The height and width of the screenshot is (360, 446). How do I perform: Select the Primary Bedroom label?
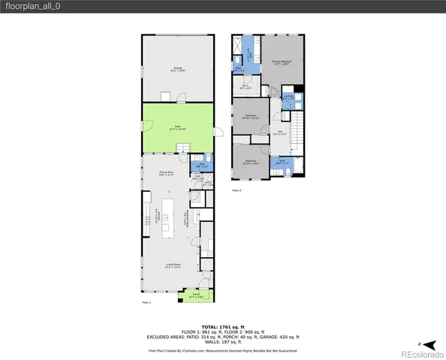coord(282,62)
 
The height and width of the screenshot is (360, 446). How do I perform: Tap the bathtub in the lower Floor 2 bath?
coord(297,166)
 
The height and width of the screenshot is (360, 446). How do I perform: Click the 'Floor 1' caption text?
coord(146,302)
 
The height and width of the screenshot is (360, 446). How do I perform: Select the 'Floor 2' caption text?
coord(237,190)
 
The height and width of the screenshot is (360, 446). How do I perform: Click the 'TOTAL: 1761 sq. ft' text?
coord(222,327)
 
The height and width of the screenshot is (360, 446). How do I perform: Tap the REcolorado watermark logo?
coord(422,352)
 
